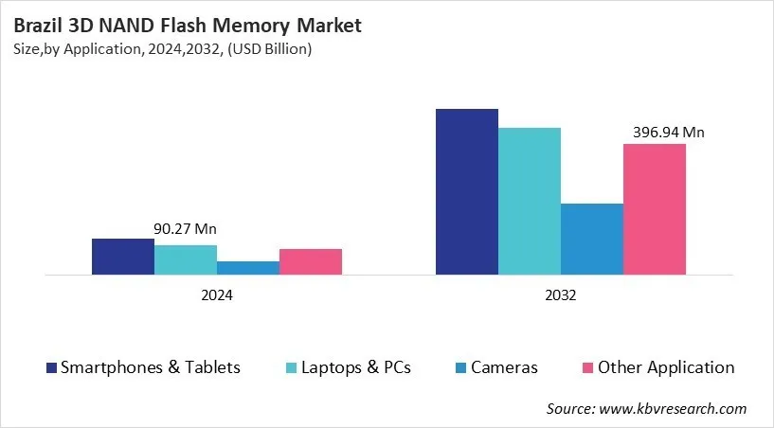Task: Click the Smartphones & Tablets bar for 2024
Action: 123,257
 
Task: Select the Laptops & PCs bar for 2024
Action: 186,259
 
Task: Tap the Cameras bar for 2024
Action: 248,268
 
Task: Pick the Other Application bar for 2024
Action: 311,262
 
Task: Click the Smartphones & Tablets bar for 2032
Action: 467,192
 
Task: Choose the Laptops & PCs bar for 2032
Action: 530,202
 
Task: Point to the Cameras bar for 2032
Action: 592,240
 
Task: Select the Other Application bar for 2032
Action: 655,209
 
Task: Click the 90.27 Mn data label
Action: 186,229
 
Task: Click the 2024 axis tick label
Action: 217,295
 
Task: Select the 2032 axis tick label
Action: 561,295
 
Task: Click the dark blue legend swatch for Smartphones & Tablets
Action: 51,367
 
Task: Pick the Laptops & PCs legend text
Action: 356,367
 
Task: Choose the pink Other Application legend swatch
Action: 587,367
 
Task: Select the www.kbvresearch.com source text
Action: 672,408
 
